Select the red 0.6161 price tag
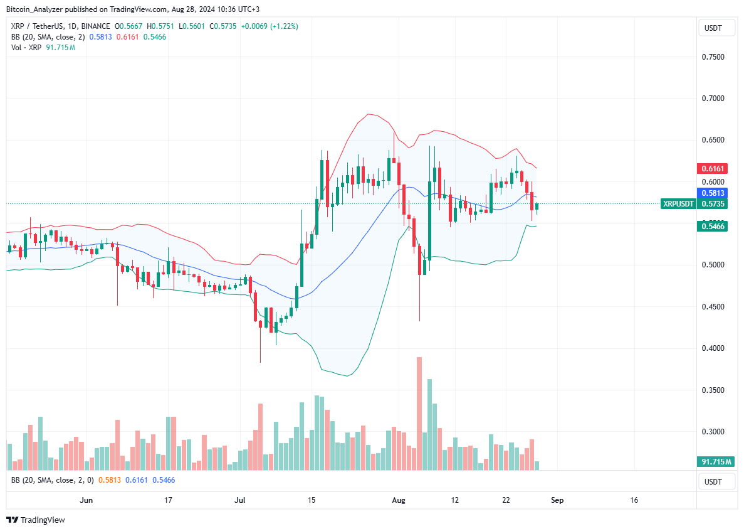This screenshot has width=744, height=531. pos(712,169)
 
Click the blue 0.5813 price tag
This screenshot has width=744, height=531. pos(712,193)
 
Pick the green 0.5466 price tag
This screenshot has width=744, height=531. pos(712,226)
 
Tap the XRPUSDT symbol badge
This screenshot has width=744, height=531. pos(678,204)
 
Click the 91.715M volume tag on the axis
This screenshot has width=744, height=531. pos(714,462)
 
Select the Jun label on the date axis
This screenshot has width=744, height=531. pos(87,500)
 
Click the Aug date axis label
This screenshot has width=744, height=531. pos(399,500)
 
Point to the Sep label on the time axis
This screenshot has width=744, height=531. pos(557,500)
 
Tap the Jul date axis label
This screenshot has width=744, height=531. pos(239,500)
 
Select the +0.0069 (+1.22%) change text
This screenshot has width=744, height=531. pos(271,26)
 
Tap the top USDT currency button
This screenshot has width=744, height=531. pos(713,28)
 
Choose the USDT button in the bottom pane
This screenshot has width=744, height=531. pos(713,482)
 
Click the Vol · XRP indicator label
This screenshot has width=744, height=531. pos(24,48)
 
